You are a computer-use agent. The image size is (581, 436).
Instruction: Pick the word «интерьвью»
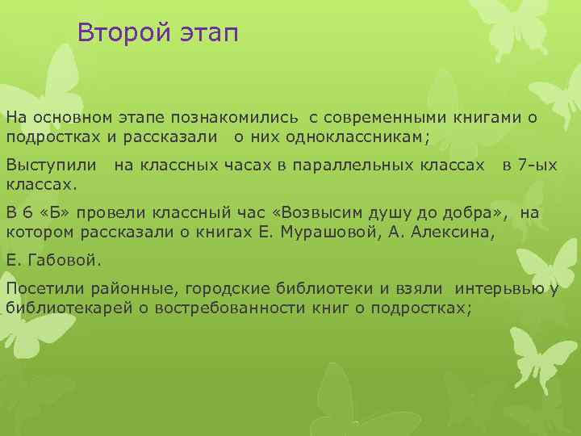[499, 290]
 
